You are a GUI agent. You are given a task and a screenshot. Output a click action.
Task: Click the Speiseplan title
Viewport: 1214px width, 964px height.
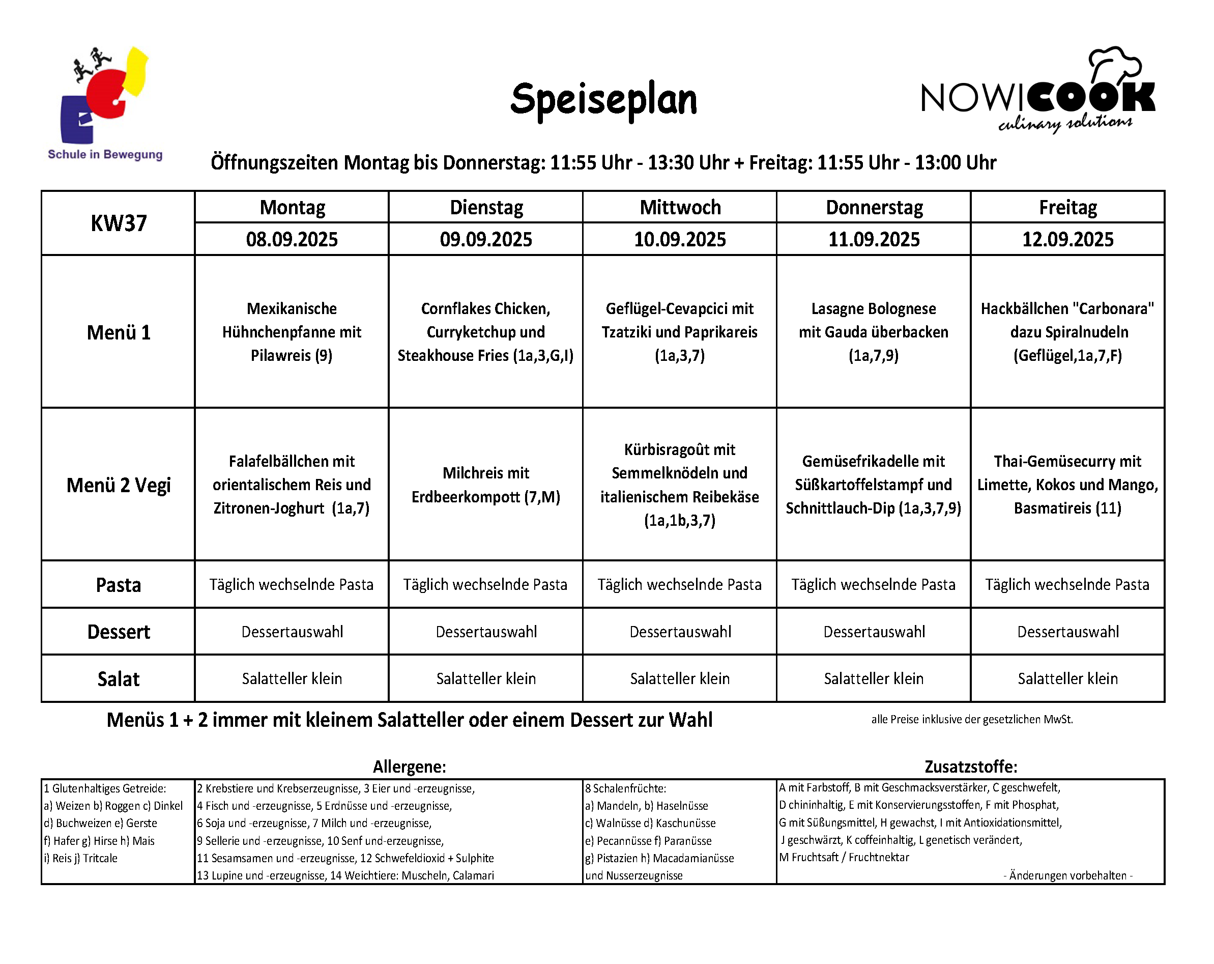(603, 100)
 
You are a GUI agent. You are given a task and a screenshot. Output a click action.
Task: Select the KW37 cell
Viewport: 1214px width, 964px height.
(118, 223)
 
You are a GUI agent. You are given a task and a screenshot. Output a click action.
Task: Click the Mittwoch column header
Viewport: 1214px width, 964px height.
(680, 207)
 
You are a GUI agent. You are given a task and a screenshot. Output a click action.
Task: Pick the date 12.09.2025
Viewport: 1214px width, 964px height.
(1067, 239)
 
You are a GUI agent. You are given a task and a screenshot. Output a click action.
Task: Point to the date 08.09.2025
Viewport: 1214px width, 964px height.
(292, 239)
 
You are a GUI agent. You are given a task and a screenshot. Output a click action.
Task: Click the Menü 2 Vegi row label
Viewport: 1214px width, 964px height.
(118, 485)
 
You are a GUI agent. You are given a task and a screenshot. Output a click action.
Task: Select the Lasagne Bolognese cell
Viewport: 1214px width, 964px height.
(873, 332)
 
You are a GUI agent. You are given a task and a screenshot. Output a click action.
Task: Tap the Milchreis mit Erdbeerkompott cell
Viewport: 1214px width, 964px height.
(485, 485)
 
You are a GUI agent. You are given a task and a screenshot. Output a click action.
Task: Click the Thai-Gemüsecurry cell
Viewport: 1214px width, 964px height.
(1067, 485)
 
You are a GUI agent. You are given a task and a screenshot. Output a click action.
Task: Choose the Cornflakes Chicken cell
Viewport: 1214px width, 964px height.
(485, 332)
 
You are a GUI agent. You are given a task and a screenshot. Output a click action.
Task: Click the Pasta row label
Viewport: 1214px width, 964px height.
(118, 585)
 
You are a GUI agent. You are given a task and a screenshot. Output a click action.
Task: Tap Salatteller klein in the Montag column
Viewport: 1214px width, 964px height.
(292, 678)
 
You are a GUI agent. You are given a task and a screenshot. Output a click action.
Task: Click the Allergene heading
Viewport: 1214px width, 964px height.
(410, 766)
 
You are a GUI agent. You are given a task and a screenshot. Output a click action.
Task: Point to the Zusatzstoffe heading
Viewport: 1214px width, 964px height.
(971, 766)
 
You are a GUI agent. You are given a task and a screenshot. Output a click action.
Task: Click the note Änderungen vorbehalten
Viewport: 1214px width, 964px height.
(1067, 875)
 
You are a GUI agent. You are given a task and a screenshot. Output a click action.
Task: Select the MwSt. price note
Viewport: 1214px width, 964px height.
(972, 720)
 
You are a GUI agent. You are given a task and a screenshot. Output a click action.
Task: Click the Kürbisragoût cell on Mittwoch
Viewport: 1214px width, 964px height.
(680, 485)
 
